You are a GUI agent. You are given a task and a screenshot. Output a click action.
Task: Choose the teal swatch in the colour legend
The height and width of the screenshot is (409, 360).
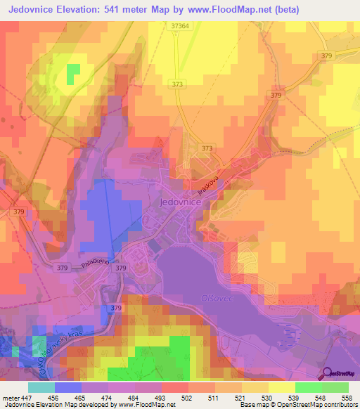coord(41,388)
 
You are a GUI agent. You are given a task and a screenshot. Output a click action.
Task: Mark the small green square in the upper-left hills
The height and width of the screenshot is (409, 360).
coord(73,73)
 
